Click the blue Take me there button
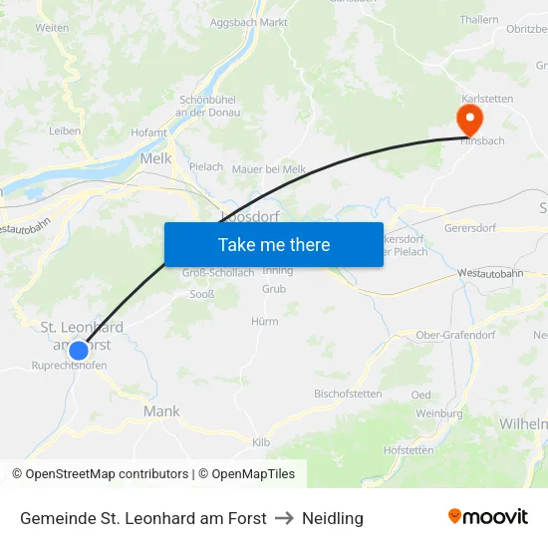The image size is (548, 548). coord(274,244)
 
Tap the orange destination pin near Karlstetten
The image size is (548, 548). coord(468,121)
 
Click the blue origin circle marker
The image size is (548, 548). coord(79,350)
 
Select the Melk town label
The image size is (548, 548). coord(155,158)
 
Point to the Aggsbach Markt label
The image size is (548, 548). coord(249,21)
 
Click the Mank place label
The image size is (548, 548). coord(161,411)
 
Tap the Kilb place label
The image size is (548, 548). coord(261,441)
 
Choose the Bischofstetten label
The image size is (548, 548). coord(348,394)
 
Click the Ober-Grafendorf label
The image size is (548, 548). coord(455,335)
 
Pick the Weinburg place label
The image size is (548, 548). coord(439,412)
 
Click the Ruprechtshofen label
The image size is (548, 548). coord(69,366)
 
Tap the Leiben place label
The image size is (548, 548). coord(65,131)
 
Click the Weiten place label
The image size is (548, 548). coord(52,28)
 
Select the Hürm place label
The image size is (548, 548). coord(265,321)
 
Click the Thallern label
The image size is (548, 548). coord(479,20)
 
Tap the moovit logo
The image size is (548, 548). coord(487,516)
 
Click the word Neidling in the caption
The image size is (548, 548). coord(333,518)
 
